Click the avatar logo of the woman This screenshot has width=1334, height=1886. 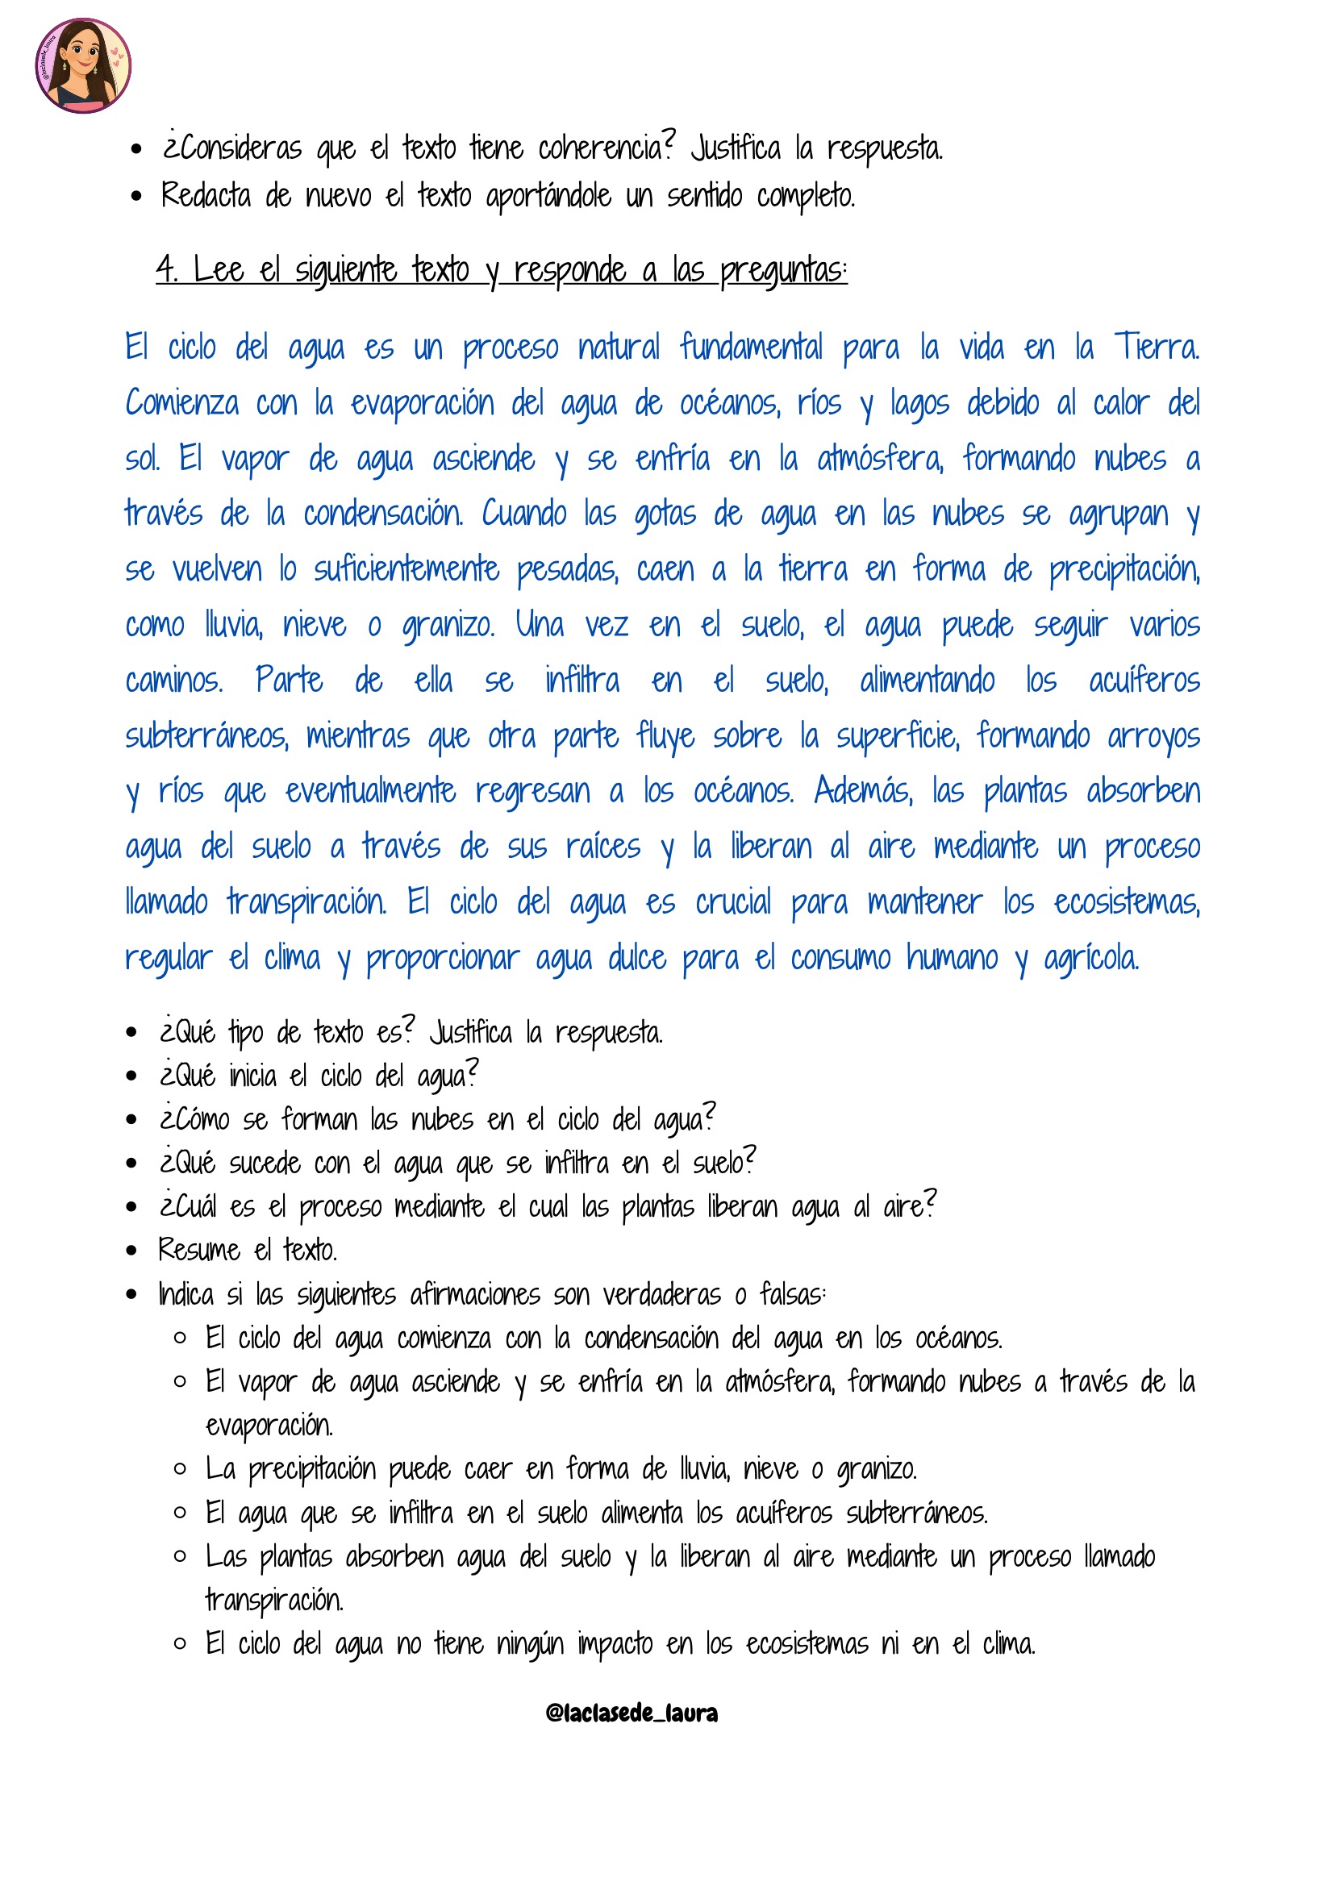[83, 65]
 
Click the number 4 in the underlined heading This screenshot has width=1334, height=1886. [166, 269]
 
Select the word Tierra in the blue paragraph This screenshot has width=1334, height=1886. [1156, 347]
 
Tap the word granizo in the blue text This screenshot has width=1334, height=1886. [448, 626]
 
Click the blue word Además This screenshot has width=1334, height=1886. [862, 791]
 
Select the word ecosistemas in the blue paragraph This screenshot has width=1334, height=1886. [1126, 902]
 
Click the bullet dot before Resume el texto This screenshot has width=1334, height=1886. [131, 1251]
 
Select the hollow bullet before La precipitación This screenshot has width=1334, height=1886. [180, 1468]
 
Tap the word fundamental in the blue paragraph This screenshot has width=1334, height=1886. [751, 347]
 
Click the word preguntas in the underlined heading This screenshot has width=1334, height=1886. [782, 270]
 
